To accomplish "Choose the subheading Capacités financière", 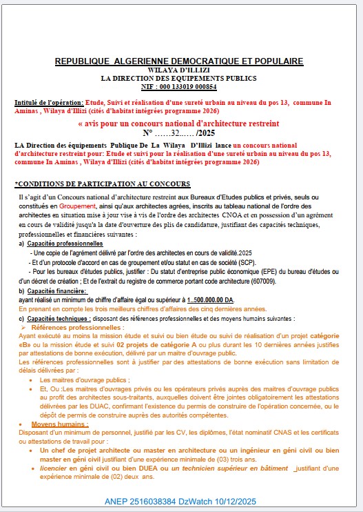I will point(56,291).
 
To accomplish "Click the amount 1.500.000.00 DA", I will point(210,300).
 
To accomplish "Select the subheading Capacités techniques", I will point(56,318).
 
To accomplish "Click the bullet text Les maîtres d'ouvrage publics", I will point(84,380).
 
